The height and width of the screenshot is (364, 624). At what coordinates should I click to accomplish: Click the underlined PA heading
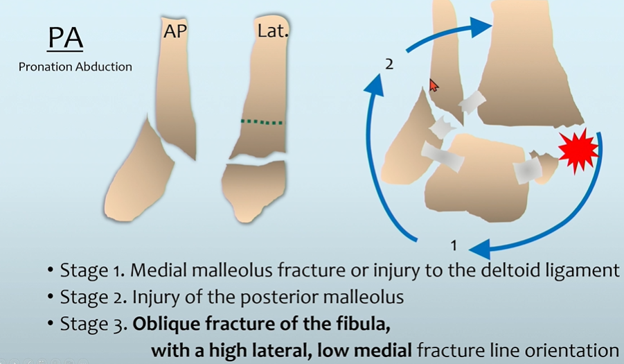(65, 40)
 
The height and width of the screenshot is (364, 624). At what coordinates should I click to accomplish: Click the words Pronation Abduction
(75, 67)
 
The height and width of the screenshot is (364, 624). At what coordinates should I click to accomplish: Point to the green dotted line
(262, 122)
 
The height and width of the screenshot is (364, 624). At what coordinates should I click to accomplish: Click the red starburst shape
(578, 151)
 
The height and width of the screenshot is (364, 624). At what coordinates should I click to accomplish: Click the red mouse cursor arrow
(434, 85)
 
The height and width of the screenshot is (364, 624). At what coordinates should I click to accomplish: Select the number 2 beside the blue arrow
(389, 64)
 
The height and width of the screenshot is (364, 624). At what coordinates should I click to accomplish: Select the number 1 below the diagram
(454, 245)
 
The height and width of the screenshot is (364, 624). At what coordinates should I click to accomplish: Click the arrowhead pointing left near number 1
(478, 247)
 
